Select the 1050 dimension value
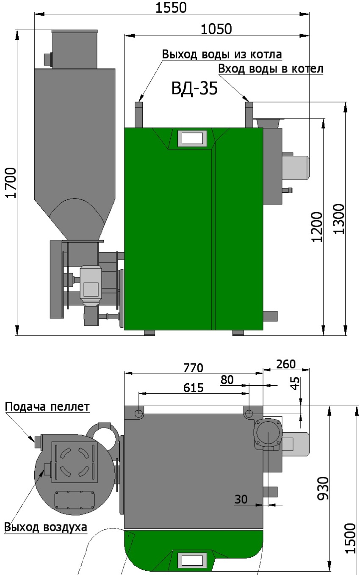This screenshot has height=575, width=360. [x=216, y=29]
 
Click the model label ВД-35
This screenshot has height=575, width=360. [x=194, y=89]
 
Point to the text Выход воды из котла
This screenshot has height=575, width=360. [x=222, y=55]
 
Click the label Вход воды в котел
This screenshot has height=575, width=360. [x=270, y=69]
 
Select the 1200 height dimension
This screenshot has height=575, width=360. [x=318, y=226]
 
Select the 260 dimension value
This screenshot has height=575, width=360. [x=286, y=364]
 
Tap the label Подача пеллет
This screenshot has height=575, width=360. [x=47, y=407]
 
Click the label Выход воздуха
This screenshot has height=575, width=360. [x=45, y=527]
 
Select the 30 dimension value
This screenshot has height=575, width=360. [x=241, y=499]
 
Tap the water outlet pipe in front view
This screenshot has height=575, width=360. [x=139, y=114]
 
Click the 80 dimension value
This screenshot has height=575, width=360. [x=227, y=380]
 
